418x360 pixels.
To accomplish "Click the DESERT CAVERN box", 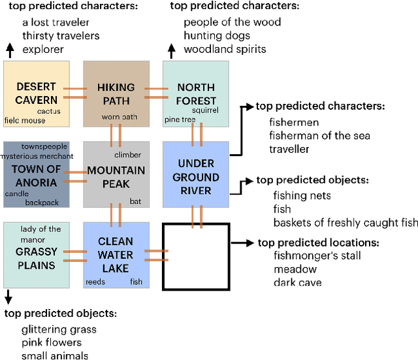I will coord(36,93).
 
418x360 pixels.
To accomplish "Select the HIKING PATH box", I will coord(116,93).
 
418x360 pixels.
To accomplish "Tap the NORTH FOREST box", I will coord(195,93).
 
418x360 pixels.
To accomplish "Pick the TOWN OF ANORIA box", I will coord(36,174).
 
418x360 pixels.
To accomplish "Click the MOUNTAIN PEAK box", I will coord(116,175).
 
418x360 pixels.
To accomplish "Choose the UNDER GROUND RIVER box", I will coord(195,175).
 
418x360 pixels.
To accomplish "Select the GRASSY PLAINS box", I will coord(36,255).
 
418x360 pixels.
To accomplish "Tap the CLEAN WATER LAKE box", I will coord(116,255).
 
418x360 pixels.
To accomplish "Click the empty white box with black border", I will coord(195,255).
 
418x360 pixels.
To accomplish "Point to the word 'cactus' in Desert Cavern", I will coord(49,111).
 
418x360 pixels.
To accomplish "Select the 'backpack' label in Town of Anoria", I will coord(42,203).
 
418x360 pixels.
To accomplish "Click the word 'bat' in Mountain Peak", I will coord(135,201).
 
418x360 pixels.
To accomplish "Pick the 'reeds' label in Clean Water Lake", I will coord(96,282).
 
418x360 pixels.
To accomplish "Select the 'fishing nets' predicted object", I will coord(302,195).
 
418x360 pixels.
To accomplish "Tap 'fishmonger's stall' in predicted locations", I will coord(317,255).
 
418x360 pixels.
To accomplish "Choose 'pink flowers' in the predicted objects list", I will coord(52,342).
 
